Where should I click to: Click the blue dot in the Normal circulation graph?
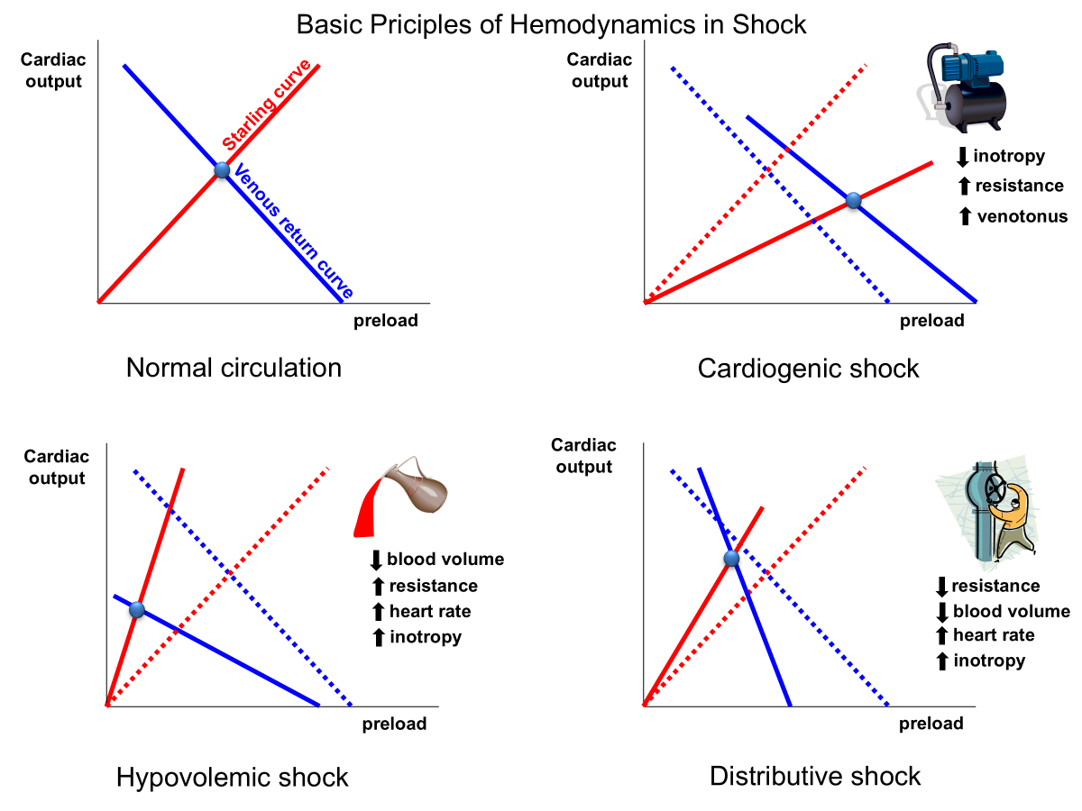point(222,170)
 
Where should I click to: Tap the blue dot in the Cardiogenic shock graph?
point(854,201)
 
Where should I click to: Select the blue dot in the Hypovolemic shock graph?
point(137,609)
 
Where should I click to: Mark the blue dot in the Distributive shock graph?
point(732,559)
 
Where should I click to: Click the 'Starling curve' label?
point(267,106)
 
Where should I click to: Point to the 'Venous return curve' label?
point(292,232)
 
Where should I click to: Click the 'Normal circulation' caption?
point(234,368)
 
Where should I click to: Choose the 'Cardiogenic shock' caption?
point(808,368)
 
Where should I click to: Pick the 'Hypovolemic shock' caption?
point(232,777)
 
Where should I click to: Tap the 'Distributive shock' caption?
point(815,776)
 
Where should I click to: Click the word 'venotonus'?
point(1022,216)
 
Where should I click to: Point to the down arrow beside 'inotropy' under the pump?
point(962,157)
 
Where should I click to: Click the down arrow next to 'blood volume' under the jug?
point(377,560)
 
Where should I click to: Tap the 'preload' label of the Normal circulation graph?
point(385,321)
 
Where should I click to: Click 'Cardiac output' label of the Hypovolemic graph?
point(57,468)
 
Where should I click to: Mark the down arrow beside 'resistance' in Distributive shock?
point(942,587)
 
